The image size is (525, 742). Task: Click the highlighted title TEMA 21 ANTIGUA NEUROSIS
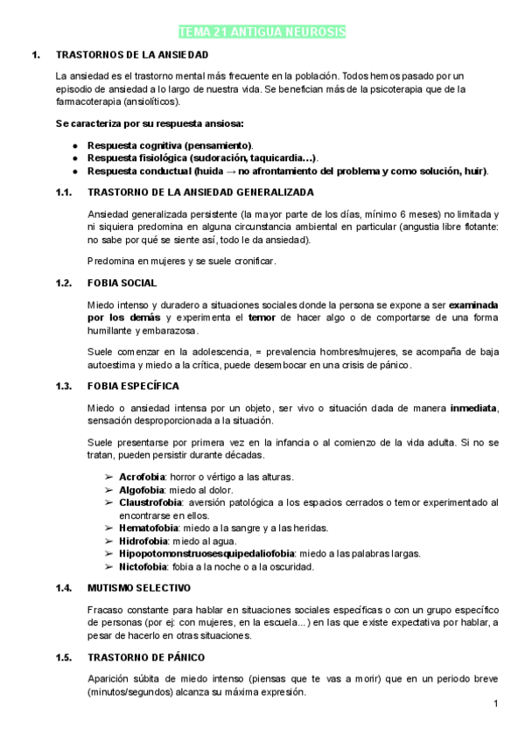pos(262,32)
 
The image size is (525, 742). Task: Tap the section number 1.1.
pos(62,192)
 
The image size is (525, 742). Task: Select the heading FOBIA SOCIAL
pos(122,283)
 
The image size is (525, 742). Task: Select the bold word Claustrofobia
pos(150,502)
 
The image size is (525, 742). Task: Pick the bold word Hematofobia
pos(149,528)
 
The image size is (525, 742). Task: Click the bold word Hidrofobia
pos(143,541)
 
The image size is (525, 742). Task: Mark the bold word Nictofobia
pos(143,566)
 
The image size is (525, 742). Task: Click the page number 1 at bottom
pos(495,703)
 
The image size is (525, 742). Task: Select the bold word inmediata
pos(473,408)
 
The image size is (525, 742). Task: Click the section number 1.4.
pos(62,587)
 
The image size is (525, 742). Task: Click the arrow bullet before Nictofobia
pos(108,566)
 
